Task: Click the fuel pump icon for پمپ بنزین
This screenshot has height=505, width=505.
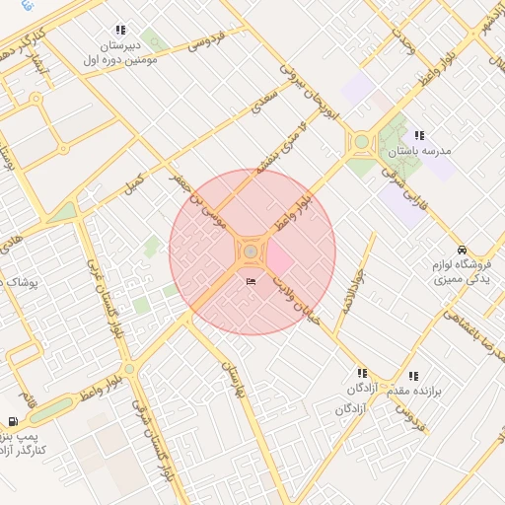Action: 12,421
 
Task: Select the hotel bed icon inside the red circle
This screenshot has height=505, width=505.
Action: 251,281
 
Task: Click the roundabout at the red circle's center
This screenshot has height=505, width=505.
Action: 252,252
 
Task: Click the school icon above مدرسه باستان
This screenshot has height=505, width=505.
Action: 419,135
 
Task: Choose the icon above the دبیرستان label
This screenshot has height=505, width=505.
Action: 120,31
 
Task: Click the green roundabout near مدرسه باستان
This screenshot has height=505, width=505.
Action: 361,142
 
